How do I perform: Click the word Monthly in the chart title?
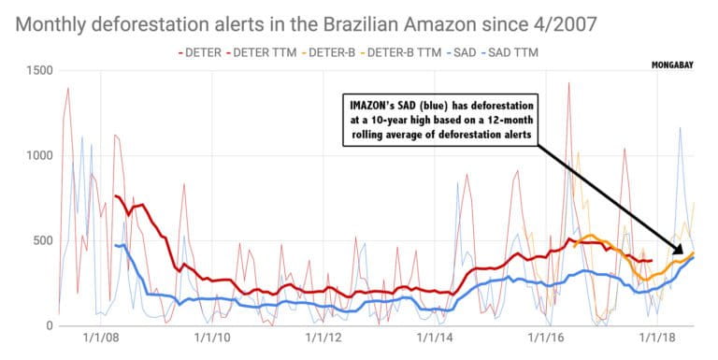point(55,19)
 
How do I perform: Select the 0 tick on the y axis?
point(48,325)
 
